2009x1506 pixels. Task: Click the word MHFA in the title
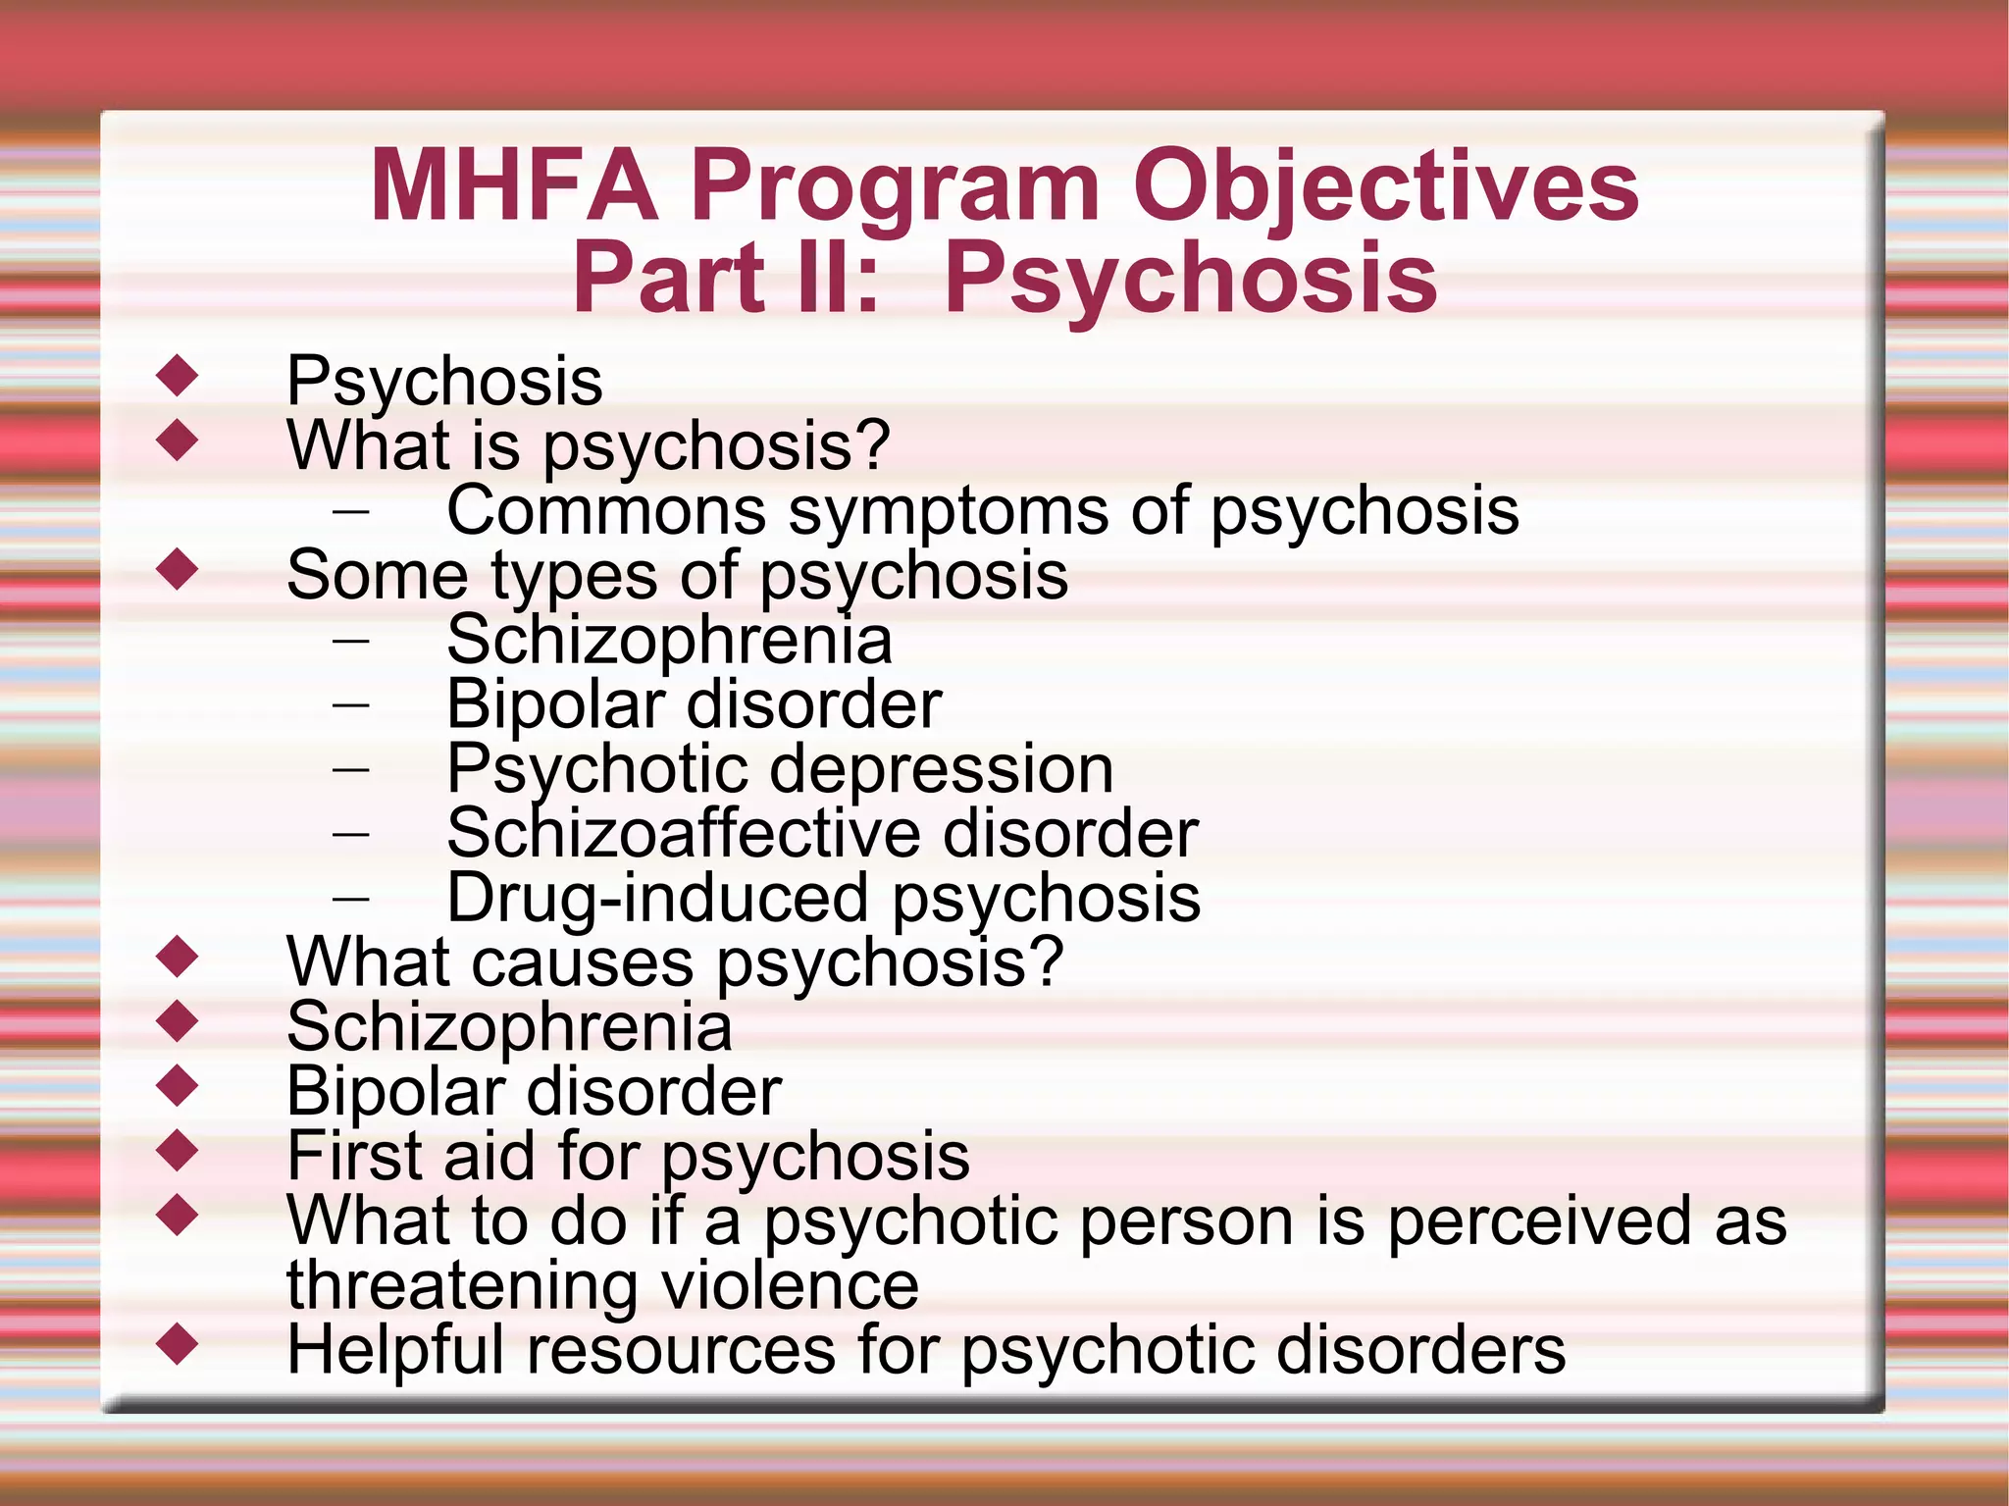click(x=514, y=185)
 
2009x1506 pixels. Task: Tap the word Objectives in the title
click(x=1385, y=187)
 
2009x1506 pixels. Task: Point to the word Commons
click(x=606, y=510)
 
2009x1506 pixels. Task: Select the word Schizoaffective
click(x=683, y=833)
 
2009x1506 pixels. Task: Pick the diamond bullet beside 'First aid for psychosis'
click(x=178, y=1150)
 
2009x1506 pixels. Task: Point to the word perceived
click(x=1538, y=1220)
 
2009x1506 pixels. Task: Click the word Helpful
click(x=394, y=1350)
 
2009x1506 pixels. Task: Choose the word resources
click(x=682, y=1351)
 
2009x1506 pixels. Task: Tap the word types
click(x=574, y=576)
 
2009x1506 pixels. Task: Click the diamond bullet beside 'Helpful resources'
click(x=178, y=1343)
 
